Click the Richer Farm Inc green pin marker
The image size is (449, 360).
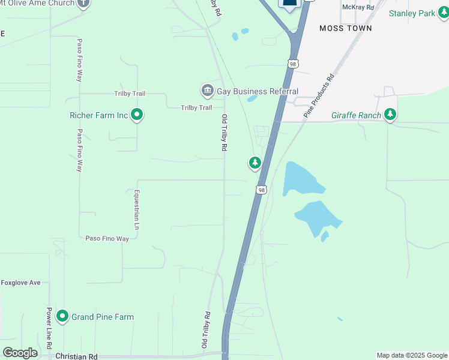coord(137,113)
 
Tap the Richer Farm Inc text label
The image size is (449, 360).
coord(99,114)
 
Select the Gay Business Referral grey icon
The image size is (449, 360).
coord(208,91)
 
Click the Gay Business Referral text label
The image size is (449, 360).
coord(258,91)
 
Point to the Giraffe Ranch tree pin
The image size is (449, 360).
coord(390,114)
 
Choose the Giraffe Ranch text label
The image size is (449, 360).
coord(356,115)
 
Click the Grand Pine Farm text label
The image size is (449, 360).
coord(103,317)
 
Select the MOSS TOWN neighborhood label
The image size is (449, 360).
coord(345,28)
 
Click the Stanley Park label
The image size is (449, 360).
coord(412,13)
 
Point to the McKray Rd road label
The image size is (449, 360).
coord(358,7)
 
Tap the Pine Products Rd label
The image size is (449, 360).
coord(318,95)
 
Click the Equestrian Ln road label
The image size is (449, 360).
coord(137,210)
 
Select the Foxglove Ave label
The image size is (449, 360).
coord(20,283)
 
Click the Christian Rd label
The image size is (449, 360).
coord(76,356)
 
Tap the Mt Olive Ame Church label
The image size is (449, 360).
coord(37,4)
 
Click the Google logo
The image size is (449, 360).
coord(20,352)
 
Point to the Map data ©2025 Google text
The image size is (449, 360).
coord(412,355)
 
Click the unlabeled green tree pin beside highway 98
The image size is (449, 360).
coord(255,163)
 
